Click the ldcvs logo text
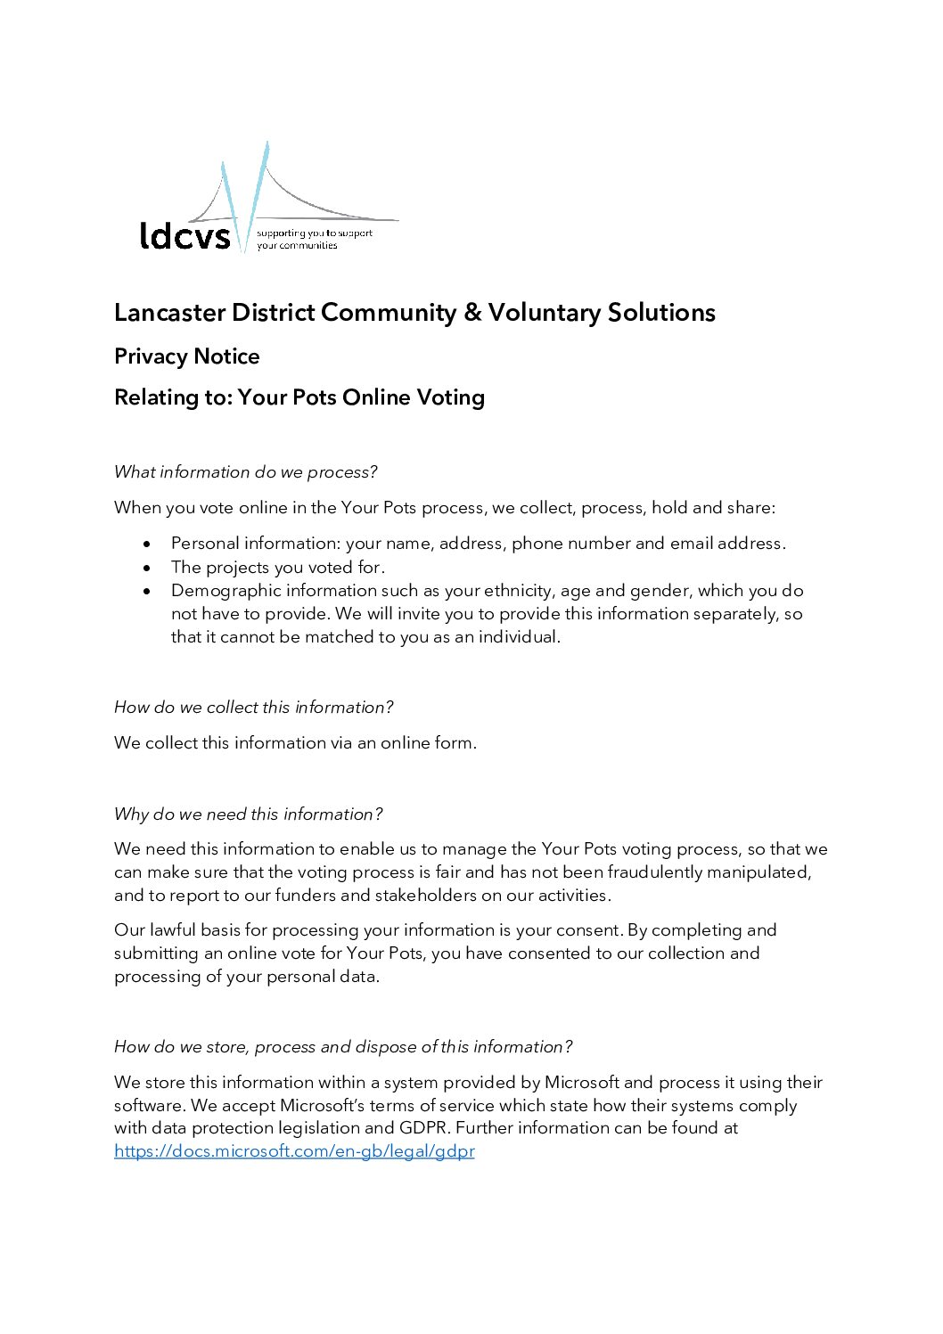[x=184, y=235]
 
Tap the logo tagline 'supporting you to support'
[x=315, y=233]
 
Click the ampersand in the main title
[x=472, y=313]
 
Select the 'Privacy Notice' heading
[x=187, y=356]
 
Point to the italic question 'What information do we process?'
[x=246, y=472]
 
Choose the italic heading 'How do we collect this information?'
[x=254, y=708]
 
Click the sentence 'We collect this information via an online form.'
[x=295, y=743]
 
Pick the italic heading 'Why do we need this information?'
[x=249, y=814]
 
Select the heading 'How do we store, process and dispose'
[x=343, y=1047]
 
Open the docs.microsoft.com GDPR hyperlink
[x=294, y=1151]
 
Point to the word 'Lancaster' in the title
[x=169, y=313]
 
